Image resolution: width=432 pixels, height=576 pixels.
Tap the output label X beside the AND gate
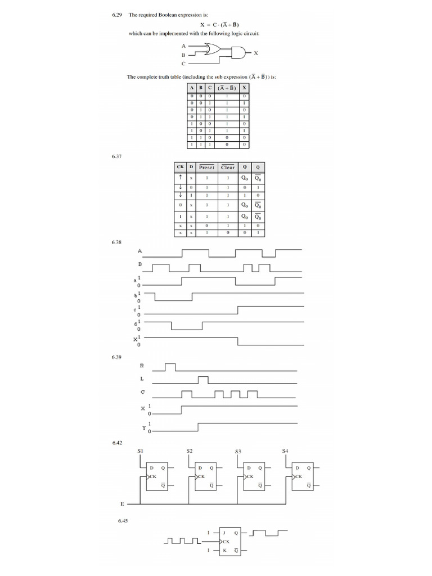tap(256, 53)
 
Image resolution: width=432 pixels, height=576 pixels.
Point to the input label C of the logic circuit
tap(183, 64)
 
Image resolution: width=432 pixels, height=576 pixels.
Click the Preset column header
tap(206, 167)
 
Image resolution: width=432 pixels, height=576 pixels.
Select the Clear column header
tap(228, 167)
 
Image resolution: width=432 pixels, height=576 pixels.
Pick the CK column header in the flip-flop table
tap(180, 167)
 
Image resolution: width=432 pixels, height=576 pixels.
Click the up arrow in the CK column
tap(181, 177)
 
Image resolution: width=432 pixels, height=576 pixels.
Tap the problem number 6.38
tap(117, 242)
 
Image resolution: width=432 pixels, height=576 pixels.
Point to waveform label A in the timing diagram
tap(140, 251)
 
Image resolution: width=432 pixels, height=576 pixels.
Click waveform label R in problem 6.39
tap(142, 366)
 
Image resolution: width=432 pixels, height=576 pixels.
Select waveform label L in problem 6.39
tap(142, 379)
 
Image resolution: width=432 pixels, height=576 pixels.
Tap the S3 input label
tap(238, 451)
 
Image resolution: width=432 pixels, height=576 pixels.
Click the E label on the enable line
tap(122, 504)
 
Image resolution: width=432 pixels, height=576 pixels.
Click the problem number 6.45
tap(123, 521)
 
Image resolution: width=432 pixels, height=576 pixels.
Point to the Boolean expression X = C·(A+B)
tap(224, 25)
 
